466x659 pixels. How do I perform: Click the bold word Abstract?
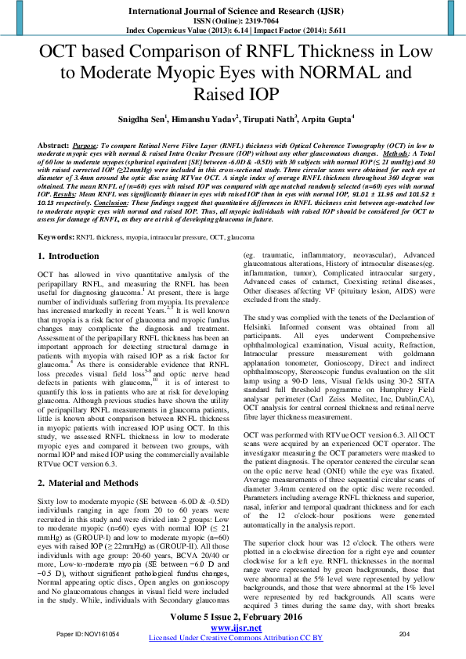53,146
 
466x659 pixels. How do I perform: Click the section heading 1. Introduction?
69,256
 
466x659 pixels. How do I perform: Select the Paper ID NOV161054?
87,632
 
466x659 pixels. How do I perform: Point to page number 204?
405,632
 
